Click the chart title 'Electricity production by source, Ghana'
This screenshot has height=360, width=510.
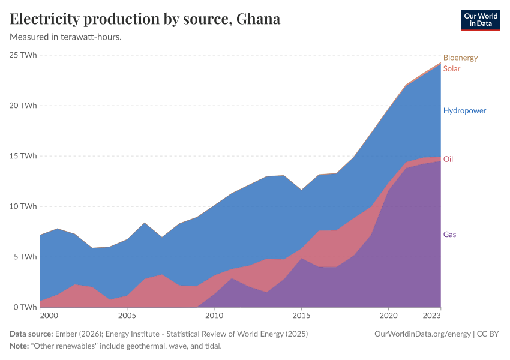pos(145,19)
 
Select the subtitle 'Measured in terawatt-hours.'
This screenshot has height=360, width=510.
pos(66,37)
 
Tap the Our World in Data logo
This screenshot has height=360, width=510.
pos(480,20)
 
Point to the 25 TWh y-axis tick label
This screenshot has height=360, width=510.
pos(23,55)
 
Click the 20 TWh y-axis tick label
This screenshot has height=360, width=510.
pos(23,106)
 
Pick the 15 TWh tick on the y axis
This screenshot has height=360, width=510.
pos(23,156)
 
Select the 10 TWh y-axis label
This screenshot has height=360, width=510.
pos(23,206)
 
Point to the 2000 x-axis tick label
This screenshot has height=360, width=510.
pos(49,315)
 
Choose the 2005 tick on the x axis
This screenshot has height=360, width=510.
pos(127,315)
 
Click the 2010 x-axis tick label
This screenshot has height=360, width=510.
pos(214,315)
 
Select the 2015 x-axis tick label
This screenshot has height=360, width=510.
pos(301,315)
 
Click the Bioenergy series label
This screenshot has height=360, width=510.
pos(460,58)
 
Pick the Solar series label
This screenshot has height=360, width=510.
pos(452,68)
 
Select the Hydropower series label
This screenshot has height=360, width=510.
pos(464,110)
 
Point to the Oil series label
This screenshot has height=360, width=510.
pos(448,159)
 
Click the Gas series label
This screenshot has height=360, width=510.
pos(449,234)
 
